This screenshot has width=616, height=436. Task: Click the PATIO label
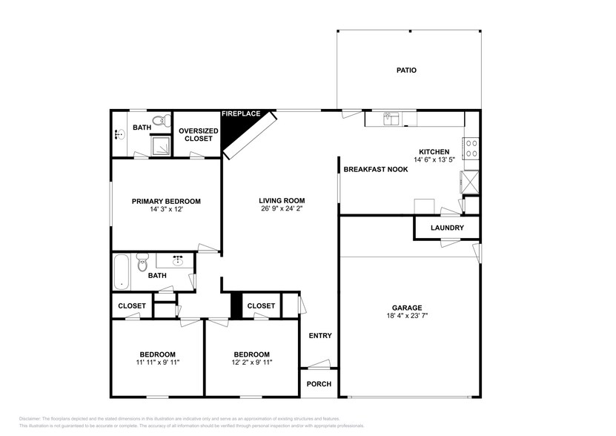405,70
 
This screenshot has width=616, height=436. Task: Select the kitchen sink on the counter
391,119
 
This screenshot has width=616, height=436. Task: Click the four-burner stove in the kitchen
471,148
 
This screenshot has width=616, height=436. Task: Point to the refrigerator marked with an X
469,181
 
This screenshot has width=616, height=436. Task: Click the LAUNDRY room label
447,228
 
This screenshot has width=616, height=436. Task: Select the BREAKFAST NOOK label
375,169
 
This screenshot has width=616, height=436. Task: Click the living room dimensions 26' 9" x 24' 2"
282,210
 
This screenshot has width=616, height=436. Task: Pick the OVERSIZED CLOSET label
199,135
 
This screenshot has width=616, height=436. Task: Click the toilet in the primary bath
158,121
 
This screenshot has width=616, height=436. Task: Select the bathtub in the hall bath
122,272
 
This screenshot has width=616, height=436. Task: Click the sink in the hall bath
179,261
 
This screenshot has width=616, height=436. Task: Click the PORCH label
319,384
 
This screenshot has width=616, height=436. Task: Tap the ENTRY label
320,336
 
